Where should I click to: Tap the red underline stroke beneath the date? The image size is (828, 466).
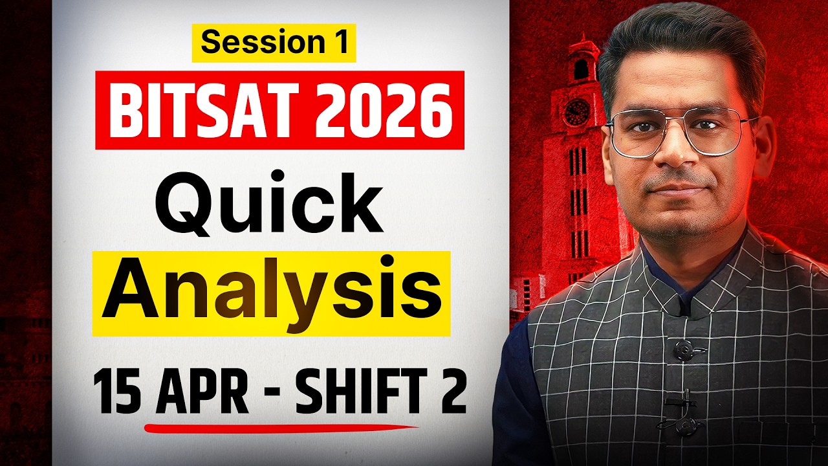(x=278, y=427)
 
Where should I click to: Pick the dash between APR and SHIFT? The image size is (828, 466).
(x=272, y=395)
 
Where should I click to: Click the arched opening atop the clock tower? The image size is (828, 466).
(x=580, y=68)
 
